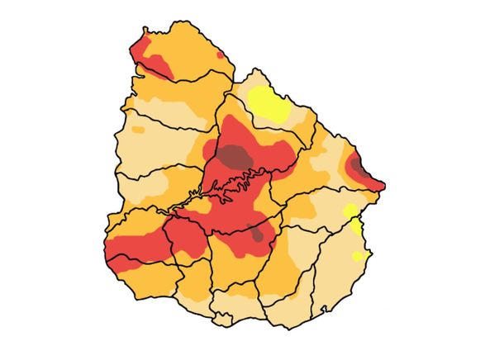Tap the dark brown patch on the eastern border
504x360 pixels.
tap(359, 168)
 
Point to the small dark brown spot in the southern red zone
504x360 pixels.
tap(258, 235)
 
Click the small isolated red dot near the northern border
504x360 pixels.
tap(220, 54)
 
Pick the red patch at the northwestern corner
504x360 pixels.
tap(154, 58)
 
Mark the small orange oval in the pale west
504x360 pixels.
tap(138, 130)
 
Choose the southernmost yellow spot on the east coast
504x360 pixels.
tap(359, 256)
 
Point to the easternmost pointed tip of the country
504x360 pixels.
tap(385, 187)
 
